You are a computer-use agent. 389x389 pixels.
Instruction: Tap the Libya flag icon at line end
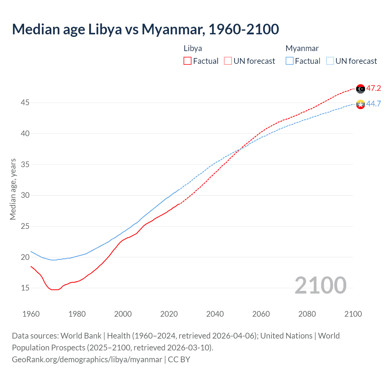(360, 89)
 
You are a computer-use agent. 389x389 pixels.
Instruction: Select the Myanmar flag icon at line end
(360, 104)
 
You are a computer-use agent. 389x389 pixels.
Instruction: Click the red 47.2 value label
(374, 88)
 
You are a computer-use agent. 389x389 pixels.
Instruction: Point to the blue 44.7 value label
(374, 104)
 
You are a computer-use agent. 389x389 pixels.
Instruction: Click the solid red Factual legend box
(188, 61)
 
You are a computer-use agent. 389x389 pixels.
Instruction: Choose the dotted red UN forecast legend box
(228, 61)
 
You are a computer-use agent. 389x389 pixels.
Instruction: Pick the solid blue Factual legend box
(290, 61)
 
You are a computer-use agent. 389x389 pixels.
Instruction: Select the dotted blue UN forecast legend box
(330, 61)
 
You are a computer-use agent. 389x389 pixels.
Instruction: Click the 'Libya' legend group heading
(193, 49)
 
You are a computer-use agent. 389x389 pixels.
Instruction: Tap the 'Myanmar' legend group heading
(302, 49)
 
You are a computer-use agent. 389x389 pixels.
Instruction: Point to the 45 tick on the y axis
(25, 103)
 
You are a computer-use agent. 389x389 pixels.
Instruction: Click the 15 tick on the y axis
(25, 288)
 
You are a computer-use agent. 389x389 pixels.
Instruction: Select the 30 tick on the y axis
(25, 195)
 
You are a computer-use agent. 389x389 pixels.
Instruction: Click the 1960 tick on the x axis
(31, 314)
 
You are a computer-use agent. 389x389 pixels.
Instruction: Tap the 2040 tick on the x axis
(215, 314)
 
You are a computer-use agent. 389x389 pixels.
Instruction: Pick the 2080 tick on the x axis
(307, 314)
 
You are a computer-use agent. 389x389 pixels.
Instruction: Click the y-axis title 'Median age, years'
(13, 189)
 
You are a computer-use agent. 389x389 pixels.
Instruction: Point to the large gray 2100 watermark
(320, 285)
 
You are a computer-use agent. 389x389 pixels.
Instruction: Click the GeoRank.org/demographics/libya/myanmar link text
(87, 360)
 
